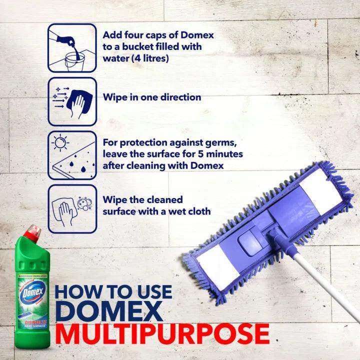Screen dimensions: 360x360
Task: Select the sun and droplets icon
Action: pyautogui.click(x=72, y=154)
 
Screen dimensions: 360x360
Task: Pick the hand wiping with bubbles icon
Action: pyautogui.click(x=72, y=207)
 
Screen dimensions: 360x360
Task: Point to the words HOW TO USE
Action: pyautogui.click(x=113, y=291)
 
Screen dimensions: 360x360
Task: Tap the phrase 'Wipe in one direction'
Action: pyautogui.click(x=151, y=97)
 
